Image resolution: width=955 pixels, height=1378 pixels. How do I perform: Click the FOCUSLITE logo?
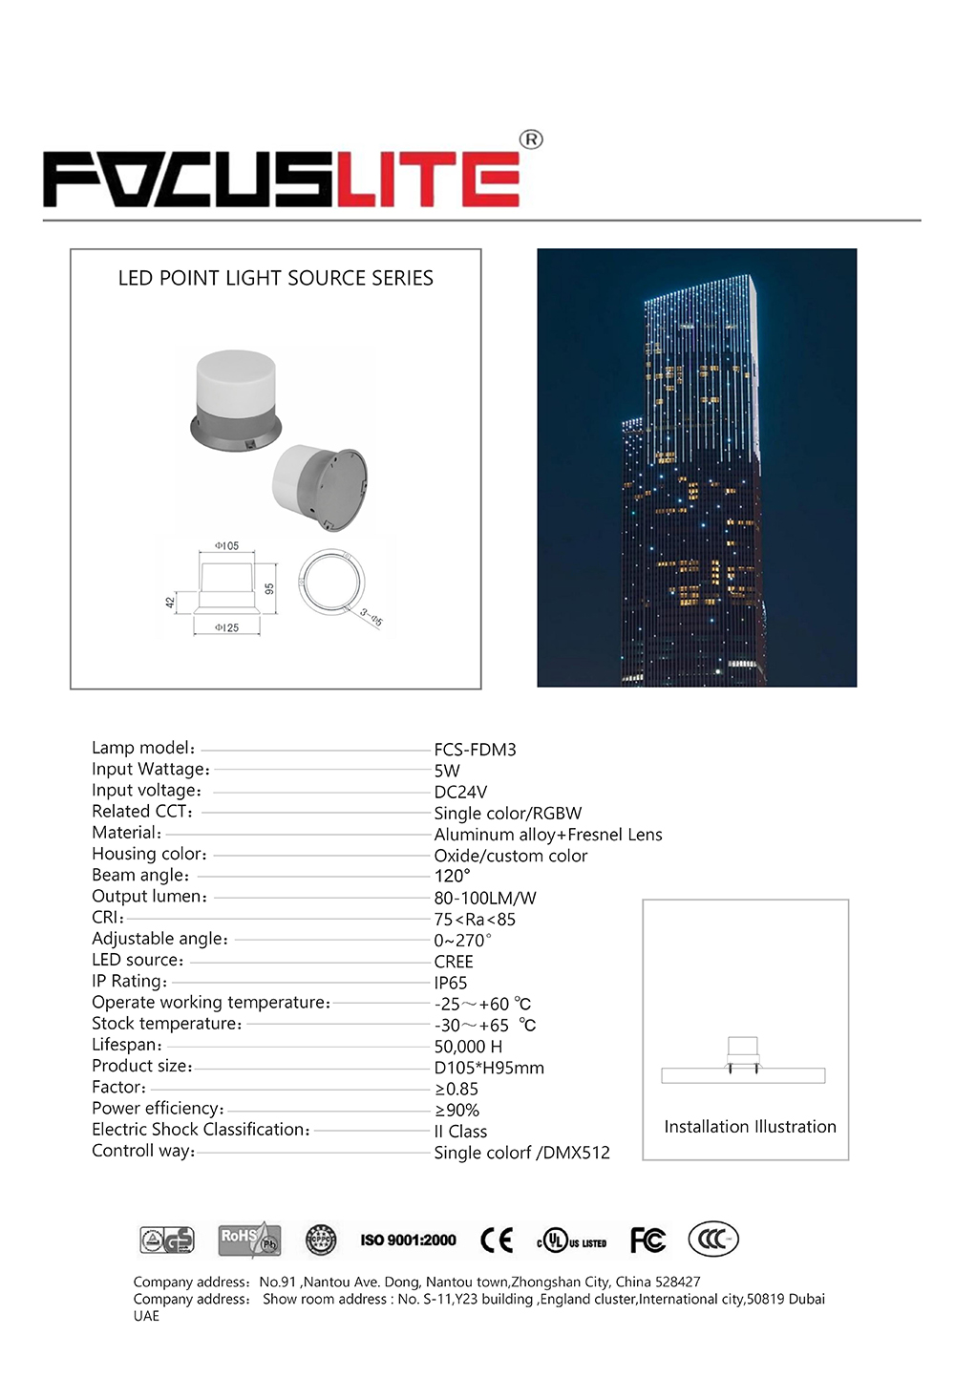(282, 179)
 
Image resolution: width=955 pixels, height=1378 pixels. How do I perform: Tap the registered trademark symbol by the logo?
(531, 139)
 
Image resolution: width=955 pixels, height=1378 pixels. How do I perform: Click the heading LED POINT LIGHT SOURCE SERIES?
(275, 278)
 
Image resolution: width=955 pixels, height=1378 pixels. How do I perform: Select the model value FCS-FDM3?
(475, 750)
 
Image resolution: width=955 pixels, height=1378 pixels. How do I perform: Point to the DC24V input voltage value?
(460, 792)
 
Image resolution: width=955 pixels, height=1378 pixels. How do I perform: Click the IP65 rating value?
(451, 983)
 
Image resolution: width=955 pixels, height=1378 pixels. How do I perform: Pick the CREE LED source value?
(454, 962)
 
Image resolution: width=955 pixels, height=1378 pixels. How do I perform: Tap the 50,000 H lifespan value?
(468, 1047)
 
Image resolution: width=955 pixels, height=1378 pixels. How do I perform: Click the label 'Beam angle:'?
(140, 876)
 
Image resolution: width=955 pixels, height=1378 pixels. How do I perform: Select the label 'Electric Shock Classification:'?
(201, 1130)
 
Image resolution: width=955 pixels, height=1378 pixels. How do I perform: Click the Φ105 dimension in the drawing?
(227, 546)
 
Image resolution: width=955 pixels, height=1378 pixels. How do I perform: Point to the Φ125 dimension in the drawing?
(226, 627)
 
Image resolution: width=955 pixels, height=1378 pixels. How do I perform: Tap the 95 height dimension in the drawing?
(270, 589)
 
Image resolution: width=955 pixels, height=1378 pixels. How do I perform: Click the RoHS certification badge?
(248, 1240)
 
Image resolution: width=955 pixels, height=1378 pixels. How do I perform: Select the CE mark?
(497, 1240)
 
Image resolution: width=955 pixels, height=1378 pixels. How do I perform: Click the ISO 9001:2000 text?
(408, 1240)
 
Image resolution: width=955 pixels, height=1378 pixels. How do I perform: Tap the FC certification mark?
(647, 1240)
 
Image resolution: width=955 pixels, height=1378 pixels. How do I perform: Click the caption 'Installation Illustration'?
(750, 1127)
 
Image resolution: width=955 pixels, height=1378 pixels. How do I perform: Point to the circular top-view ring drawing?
(331, 582)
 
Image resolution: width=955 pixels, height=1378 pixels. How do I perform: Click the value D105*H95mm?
(489, 1068)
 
